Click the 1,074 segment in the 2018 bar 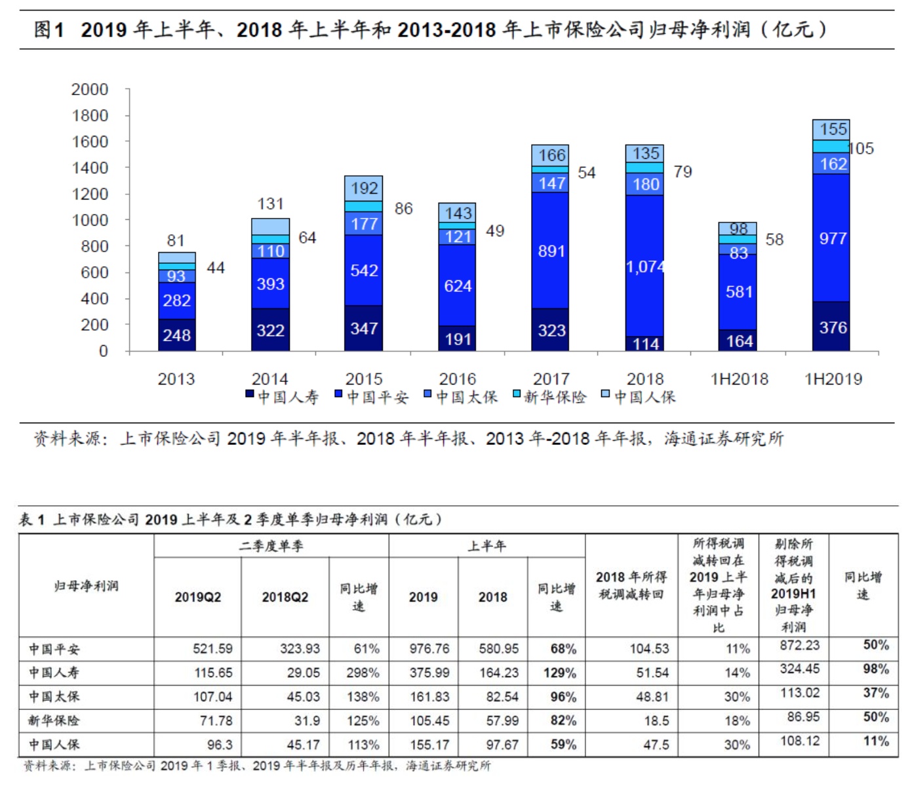pos(645,266)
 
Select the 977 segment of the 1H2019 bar pos(832,238)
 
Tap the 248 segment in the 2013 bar pos(176,335)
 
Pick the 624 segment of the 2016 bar pos(458,285)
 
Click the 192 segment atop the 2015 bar pos(364,189)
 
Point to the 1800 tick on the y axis pos(90,115)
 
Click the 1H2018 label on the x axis pos(739,379)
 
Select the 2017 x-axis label pos(551,379)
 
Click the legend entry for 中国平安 pos(371,397)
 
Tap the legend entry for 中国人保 pos(639,397)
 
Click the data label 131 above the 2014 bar pos(270,204)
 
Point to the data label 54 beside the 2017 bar pos(587,173)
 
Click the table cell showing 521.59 pos(212,648)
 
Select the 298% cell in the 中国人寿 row pos(363,673)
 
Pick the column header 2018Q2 pos(285,597)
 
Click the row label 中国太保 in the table pos(54,696)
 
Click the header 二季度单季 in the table pos(271,546)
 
